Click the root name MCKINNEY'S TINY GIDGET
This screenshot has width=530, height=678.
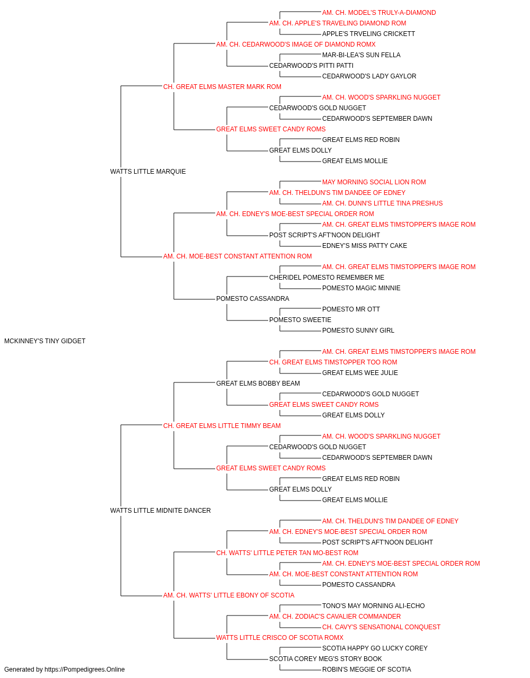(45, 341)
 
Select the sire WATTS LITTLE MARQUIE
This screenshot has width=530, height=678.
(148, 172)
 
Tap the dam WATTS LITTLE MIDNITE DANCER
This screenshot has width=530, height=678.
(161, 511)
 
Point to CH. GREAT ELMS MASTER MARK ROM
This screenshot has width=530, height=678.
(222, 87)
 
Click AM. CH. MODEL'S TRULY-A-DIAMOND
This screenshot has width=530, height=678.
(379, 13)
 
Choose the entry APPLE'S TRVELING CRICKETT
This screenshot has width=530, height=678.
(369, 34)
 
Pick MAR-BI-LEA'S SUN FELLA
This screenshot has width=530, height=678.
(361, 55)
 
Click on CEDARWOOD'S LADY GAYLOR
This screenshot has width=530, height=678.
(369, 76)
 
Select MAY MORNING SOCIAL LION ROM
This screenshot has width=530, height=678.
(374, 182)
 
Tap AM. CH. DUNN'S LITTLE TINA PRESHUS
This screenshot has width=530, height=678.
(382, 203)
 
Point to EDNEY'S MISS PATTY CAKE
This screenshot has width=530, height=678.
(365, 246)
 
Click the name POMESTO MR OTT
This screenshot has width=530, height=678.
(351, 309)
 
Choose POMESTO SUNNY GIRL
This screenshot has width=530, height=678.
(358, 331)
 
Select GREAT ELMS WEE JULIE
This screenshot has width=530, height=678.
(360, 373)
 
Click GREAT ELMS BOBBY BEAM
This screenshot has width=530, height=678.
(258, 383)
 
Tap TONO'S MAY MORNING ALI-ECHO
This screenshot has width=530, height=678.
(373, 606)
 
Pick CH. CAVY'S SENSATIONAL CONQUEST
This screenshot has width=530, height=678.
(381, 627)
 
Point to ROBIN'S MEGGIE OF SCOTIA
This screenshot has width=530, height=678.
(366, 670)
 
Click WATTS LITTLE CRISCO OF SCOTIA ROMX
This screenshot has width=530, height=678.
(280, 638)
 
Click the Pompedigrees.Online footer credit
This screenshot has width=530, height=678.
(64, 670)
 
